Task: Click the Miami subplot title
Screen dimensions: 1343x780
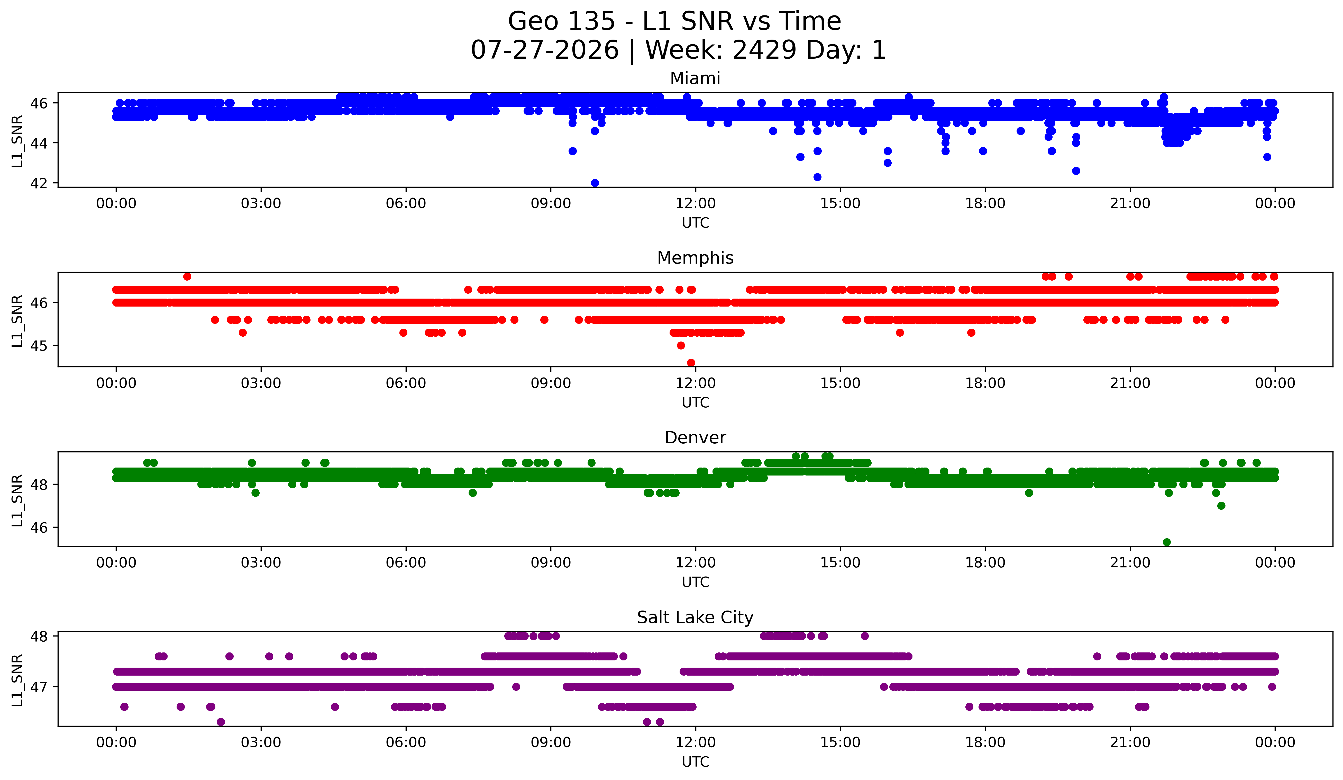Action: pos(695,78)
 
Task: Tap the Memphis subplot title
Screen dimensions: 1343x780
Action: pos(695,258)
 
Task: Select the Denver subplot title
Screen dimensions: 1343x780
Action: pos(695,438)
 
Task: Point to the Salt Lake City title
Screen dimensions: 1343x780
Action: pos(695,617)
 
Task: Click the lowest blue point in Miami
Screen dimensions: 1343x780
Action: pos(595,183)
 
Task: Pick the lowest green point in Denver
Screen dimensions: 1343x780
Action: pos(1167,542)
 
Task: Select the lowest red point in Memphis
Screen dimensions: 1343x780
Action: pos(691,363)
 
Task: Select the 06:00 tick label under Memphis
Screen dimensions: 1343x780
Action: pos(406,383)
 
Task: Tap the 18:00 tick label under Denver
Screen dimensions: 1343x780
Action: pos(985,563)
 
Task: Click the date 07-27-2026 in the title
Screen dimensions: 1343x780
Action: pos(545,50)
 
